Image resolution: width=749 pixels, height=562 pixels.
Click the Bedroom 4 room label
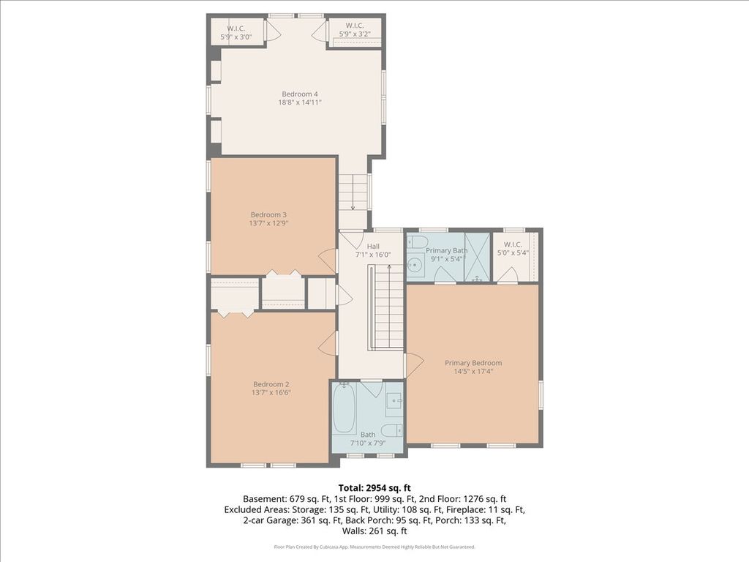300,94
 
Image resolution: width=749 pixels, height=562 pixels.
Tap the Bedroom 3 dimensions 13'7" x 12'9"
269,223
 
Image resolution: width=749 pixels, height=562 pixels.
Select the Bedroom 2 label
271,384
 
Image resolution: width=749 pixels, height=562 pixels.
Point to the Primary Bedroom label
473,363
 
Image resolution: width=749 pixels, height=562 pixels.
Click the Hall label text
373,246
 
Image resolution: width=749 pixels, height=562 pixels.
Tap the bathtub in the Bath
344,408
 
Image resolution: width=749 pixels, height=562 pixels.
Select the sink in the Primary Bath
415,263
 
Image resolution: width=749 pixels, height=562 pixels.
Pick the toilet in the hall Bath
394,430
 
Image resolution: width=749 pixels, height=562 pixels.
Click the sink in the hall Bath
394,400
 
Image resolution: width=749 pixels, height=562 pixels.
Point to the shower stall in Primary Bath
477,257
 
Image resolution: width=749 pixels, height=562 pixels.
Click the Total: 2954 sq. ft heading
374,488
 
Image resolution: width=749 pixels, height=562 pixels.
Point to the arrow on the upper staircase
353,192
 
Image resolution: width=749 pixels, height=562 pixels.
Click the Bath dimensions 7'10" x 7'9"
368,443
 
